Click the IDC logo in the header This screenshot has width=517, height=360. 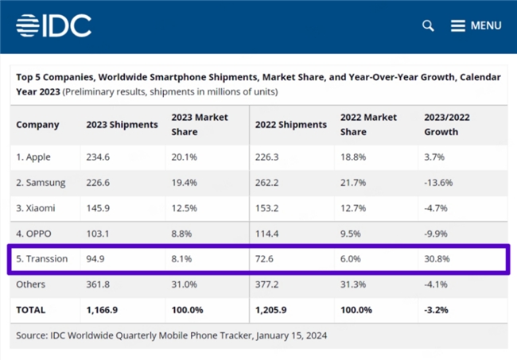coord(54,25)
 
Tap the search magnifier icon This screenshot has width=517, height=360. coord(428,25)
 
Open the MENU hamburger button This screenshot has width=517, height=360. coord(476,25)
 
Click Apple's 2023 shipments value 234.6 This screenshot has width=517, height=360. coord(98,157)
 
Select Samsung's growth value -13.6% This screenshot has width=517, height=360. coord(438,183)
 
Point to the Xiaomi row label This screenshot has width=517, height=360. coord(36,208)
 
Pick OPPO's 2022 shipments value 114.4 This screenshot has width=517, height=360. coord(266,234)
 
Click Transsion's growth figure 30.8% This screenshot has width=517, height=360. coord(437,259)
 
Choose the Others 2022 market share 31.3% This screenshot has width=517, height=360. coord(353,285)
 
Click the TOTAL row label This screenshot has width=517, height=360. coord(31,310)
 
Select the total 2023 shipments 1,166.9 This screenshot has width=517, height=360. coord(102,310)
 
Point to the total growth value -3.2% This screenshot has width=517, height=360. coord(436,310)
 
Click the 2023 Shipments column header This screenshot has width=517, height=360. coord(122,125)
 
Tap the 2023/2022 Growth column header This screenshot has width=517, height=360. coord(447,125)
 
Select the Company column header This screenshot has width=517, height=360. coord(37,125)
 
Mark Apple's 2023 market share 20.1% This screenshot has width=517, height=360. coord(184,157)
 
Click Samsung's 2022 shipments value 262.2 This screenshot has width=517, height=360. coord(266,183)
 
